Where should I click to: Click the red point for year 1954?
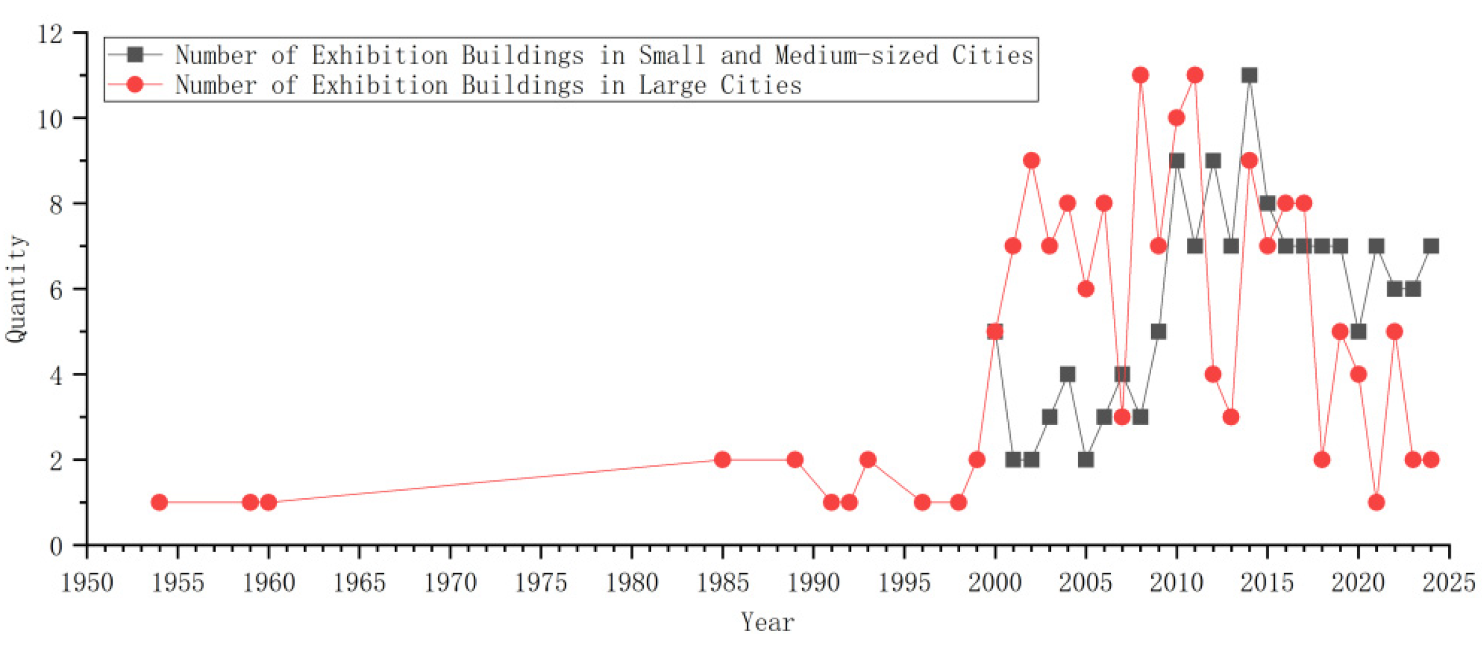coord(159,502)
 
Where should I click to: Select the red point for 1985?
coord(722,460)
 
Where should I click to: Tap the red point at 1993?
coord(868,460)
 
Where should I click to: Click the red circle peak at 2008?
coord(1140,75)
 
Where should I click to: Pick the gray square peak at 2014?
coord(1249,75)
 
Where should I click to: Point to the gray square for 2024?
coord(1431,246)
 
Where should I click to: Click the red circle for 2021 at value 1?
coord(1376,502)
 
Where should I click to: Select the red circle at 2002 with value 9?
coord(1031,160)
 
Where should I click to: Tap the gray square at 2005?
coord(1086,460)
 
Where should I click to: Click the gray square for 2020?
coord(1358,331)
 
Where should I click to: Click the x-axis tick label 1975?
coord(541,583)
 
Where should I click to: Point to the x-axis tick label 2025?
coord(1449,583)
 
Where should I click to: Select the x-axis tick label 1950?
coord(87,583)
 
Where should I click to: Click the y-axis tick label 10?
coord(49,119)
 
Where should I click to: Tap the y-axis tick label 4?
coord(56,376)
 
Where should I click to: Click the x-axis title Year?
coord(767,622)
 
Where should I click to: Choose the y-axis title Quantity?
coord(16,289)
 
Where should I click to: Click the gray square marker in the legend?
coord(135,55)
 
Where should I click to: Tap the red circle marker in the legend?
coord(135,85)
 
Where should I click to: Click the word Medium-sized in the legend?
coord(856,55)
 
